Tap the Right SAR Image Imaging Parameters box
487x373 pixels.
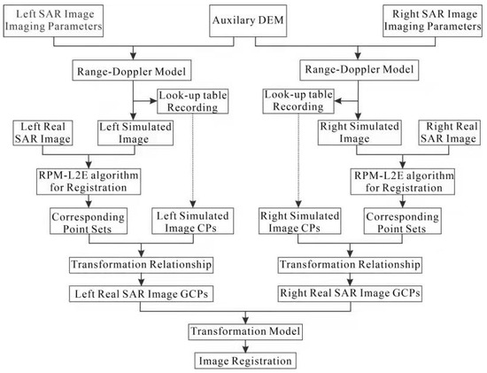[x=429, y=19]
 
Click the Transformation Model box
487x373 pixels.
[x=244, y=330]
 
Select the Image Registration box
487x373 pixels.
[x=244, y=361]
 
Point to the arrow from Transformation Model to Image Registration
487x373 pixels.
[x=244, y=346]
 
